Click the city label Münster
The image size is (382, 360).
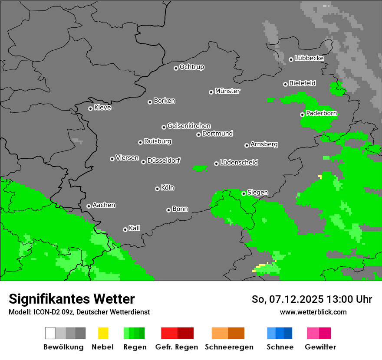pos(227,91)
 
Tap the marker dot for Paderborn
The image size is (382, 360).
pos(302,115)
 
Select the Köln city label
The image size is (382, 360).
pos(168,188)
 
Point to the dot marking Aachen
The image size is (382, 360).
pos(89,206)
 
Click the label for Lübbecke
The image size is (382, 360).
pos(309,58)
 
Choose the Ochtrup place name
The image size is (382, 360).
pos(192,67)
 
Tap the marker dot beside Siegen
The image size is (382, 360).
pos(244,193)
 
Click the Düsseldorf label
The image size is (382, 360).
pos(164,160)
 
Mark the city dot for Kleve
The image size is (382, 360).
pos(90,108)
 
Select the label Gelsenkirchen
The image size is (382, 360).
pos(189,126)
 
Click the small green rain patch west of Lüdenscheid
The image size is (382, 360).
pos(200,168)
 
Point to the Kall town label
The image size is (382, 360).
pos(135,228)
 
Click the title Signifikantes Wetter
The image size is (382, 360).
pos(72,299)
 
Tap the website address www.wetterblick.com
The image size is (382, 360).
pos(313,312)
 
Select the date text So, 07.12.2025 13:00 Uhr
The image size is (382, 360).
pos(312,299)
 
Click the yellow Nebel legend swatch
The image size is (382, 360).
pos(103,333)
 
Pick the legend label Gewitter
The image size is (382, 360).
pos(320,347)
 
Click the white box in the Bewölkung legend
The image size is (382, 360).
pos(50,333)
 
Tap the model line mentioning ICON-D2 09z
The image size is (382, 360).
pos(79,312)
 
